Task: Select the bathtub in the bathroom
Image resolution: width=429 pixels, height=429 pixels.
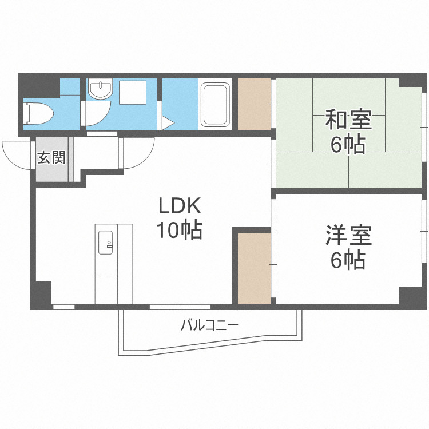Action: point(215,104)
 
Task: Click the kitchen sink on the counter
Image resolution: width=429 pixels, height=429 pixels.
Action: point(106,241)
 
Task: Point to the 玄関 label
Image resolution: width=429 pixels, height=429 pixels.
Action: point(51,157)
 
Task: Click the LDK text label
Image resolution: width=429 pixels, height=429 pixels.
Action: point(178,205)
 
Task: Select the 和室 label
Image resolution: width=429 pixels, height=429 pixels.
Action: point(348,121)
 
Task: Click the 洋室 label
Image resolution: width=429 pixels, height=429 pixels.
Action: point(348,235)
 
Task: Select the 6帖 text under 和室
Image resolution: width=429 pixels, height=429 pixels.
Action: point(348,145)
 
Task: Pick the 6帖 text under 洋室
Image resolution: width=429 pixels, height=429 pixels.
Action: point(348,260)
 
